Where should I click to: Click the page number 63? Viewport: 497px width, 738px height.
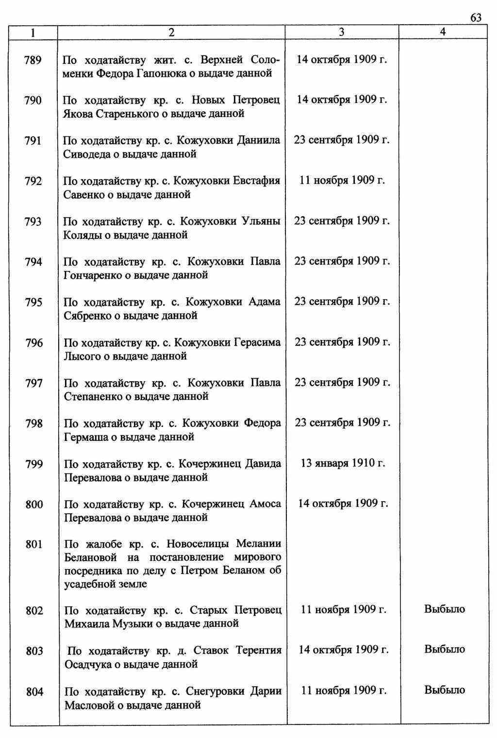476,18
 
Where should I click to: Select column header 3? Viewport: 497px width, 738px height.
342,32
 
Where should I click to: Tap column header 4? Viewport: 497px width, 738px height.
443,32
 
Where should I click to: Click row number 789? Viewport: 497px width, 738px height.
33,60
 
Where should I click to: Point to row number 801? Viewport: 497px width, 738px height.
34,544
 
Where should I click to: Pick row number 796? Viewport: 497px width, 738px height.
34,343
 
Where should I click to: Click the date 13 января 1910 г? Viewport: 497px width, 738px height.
343,463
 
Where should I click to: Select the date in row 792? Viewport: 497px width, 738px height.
342,181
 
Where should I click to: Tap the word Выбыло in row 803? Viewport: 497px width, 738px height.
445,649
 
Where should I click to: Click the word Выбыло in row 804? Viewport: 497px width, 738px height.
445,690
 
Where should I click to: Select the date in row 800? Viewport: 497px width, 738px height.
343,503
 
